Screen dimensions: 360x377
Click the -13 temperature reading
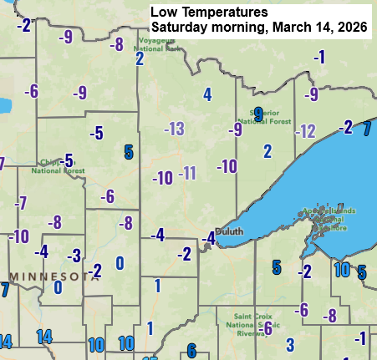pos(174,129)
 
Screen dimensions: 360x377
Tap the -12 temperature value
pos(305,130)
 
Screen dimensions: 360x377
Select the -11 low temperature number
pos(187,173)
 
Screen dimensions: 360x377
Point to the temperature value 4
pos(207,94)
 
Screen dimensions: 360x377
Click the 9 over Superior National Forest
pos(258,114)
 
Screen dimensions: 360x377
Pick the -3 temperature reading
pos(74,255)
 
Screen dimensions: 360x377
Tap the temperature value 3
pos(290,344)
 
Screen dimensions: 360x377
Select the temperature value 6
pos(191,351)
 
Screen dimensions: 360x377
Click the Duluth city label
pos(229,231)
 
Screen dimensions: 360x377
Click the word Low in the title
pos(163,13)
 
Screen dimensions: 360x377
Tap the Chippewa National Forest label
pos(58,165)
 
